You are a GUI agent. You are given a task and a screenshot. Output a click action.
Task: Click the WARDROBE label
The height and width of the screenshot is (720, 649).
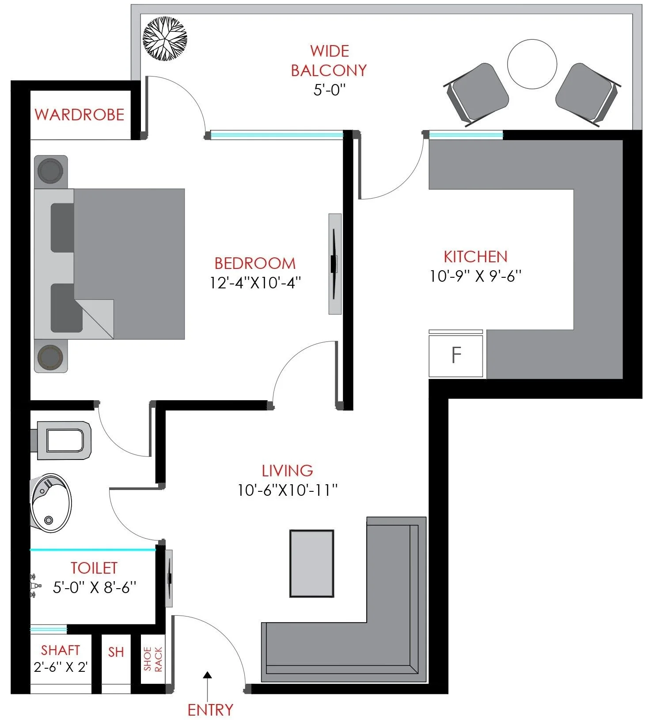tap(80, 115)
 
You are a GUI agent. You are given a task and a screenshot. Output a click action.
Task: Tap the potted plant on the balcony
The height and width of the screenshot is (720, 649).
tap(165, 38)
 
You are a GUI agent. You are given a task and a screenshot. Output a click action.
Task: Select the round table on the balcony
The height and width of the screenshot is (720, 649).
tap(532, 65)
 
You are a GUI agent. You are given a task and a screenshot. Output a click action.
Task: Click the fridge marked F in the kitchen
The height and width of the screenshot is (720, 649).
tap(456, 354)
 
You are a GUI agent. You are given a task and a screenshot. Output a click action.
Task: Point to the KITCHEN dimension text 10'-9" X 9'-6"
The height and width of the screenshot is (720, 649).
tap(476, 276)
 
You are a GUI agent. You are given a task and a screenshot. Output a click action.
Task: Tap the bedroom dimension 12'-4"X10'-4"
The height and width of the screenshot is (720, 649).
tap(255, 283)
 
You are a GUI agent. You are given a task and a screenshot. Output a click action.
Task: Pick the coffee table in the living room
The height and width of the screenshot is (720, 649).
tap(312, 563)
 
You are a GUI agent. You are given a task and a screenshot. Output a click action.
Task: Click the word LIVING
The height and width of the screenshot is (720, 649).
tap(287, 471)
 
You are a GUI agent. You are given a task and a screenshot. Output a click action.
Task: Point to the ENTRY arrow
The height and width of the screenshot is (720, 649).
tap(207, 684)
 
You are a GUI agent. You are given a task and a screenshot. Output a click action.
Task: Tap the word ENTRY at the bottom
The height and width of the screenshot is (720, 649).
tap(210, 710)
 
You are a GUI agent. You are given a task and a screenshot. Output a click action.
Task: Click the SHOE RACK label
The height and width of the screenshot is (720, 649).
tap(153, 659)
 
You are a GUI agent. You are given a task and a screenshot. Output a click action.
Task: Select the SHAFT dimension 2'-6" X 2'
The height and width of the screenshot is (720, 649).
tap(61, 666)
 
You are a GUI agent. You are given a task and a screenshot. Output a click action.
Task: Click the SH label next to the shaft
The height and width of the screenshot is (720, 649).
tap(116, 652)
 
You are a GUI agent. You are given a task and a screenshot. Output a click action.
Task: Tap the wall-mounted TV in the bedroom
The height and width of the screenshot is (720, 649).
tap(334, 264)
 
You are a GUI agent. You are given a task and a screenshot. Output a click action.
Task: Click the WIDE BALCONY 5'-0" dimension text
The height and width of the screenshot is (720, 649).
tap(329, 90)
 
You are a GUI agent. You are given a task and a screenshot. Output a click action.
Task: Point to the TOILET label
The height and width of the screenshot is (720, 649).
tap(94, 568)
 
